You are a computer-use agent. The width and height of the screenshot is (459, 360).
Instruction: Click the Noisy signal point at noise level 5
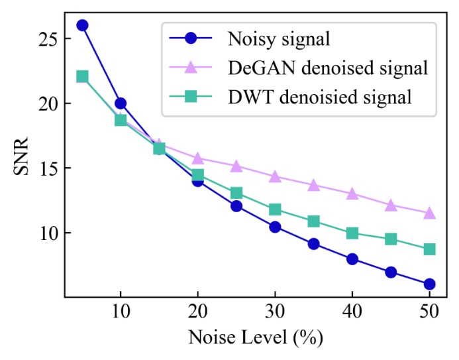coord(82,25)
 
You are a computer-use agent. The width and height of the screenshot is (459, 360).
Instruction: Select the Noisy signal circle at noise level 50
coord(429,284)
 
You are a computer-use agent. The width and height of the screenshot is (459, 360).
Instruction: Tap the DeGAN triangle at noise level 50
coord(429,213)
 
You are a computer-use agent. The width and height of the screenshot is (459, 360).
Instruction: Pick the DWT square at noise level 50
coord(429,249)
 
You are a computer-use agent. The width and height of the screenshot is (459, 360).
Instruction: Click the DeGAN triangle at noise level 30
coord(275,176)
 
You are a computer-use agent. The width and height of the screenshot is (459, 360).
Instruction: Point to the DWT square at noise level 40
coord(352,233)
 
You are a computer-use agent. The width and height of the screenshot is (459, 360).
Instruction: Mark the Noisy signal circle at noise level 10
coord(121,103)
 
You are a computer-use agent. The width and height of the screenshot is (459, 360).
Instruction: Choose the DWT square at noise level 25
coord(236,193)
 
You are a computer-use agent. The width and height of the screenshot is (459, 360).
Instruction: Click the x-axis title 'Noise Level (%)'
coord(256,338)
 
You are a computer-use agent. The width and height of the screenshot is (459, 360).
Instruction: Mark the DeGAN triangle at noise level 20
coord(198,158)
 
